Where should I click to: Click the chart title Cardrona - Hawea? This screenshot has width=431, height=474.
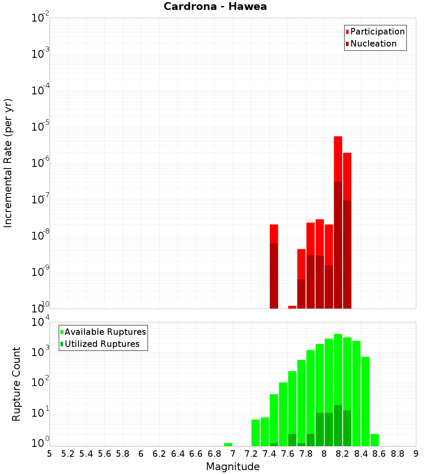215,6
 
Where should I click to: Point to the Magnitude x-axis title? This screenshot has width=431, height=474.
233,467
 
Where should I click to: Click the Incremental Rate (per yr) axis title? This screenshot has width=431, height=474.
8,163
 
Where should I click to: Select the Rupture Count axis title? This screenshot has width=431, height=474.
16,384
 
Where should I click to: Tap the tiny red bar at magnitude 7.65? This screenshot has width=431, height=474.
292,307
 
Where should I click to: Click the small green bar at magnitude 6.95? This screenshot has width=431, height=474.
228,444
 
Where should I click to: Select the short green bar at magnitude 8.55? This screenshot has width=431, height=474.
375,440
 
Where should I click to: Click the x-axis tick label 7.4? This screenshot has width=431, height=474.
269,454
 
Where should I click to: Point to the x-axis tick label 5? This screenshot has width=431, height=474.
50,454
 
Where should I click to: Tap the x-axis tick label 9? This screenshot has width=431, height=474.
416,454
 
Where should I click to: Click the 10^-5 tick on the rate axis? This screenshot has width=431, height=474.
40,127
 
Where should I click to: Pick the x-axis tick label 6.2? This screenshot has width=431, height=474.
159,454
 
